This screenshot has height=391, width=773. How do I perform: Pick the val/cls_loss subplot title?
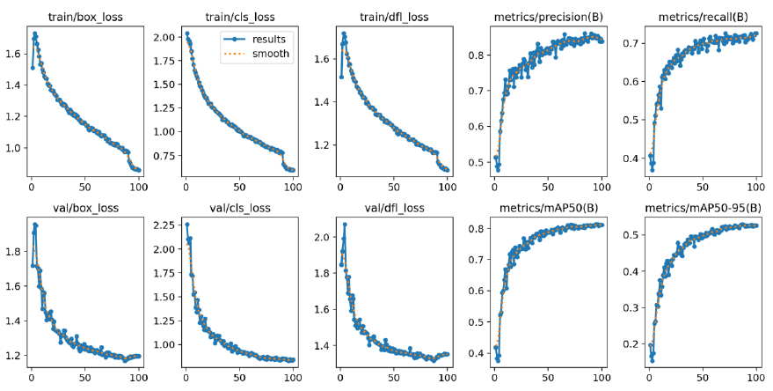[x=238, y=209]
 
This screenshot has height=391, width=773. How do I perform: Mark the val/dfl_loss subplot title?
[x=393, y=209]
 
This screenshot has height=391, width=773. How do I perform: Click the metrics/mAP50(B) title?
[x=548, y=209]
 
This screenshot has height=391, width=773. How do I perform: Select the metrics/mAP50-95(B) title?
[x=703, y=209]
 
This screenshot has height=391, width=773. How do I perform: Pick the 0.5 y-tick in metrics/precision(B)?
[x=476, y=163]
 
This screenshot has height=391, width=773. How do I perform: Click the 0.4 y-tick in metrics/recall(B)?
[x=631, y=159]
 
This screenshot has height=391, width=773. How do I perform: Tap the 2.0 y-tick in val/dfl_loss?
[x=321, y=238]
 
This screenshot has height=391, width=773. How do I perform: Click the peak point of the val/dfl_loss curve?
[x=344, y=225]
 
